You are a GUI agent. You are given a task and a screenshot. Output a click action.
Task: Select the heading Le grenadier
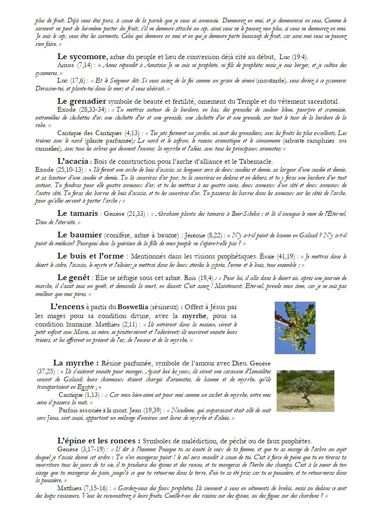(82, 101)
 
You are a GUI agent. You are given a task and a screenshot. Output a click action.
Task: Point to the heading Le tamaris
(77, 213)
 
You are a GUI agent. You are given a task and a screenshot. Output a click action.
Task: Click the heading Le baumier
(79, 234)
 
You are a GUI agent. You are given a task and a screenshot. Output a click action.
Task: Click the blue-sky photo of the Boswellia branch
(295, 327)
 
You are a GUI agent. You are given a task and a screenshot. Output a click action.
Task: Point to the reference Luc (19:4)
(294, 57)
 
